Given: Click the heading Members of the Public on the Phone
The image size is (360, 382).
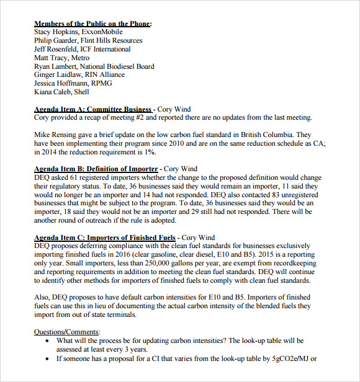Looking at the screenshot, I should coord(92,24).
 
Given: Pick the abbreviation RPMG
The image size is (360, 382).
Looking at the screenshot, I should coord(102,83).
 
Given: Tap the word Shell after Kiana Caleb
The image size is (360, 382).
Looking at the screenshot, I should coord(81,92).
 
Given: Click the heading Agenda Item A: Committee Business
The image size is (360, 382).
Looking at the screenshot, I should coord(92,109).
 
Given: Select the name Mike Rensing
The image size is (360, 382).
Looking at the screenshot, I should coord(56,135).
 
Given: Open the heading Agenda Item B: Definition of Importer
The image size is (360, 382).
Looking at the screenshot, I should coord(96,169).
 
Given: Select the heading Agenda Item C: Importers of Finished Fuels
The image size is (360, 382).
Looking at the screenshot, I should coord(105,238).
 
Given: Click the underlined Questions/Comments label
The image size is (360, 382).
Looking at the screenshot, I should coord(67,332).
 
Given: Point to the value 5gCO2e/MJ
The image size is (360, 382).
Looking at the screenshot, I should coord(287,358).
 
